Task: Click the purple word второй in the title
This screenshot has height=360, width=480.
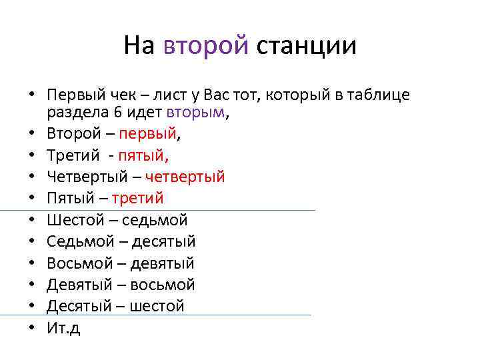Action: click(x=206, y=46)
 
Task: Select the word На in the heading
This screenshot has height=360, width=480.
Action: click(x=139, y=46)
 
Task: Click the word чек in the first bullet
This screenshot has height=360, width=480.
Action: click(x=127, y=95)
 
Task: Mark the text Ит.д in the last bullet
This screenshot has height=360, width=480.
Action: click(x=63, y=328)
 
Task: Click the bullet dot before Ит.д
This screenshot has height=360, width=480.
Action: click(x=32, y=328)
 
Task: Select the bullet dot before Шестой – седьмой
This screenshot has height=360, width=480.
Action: click(x=32, y=220)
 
